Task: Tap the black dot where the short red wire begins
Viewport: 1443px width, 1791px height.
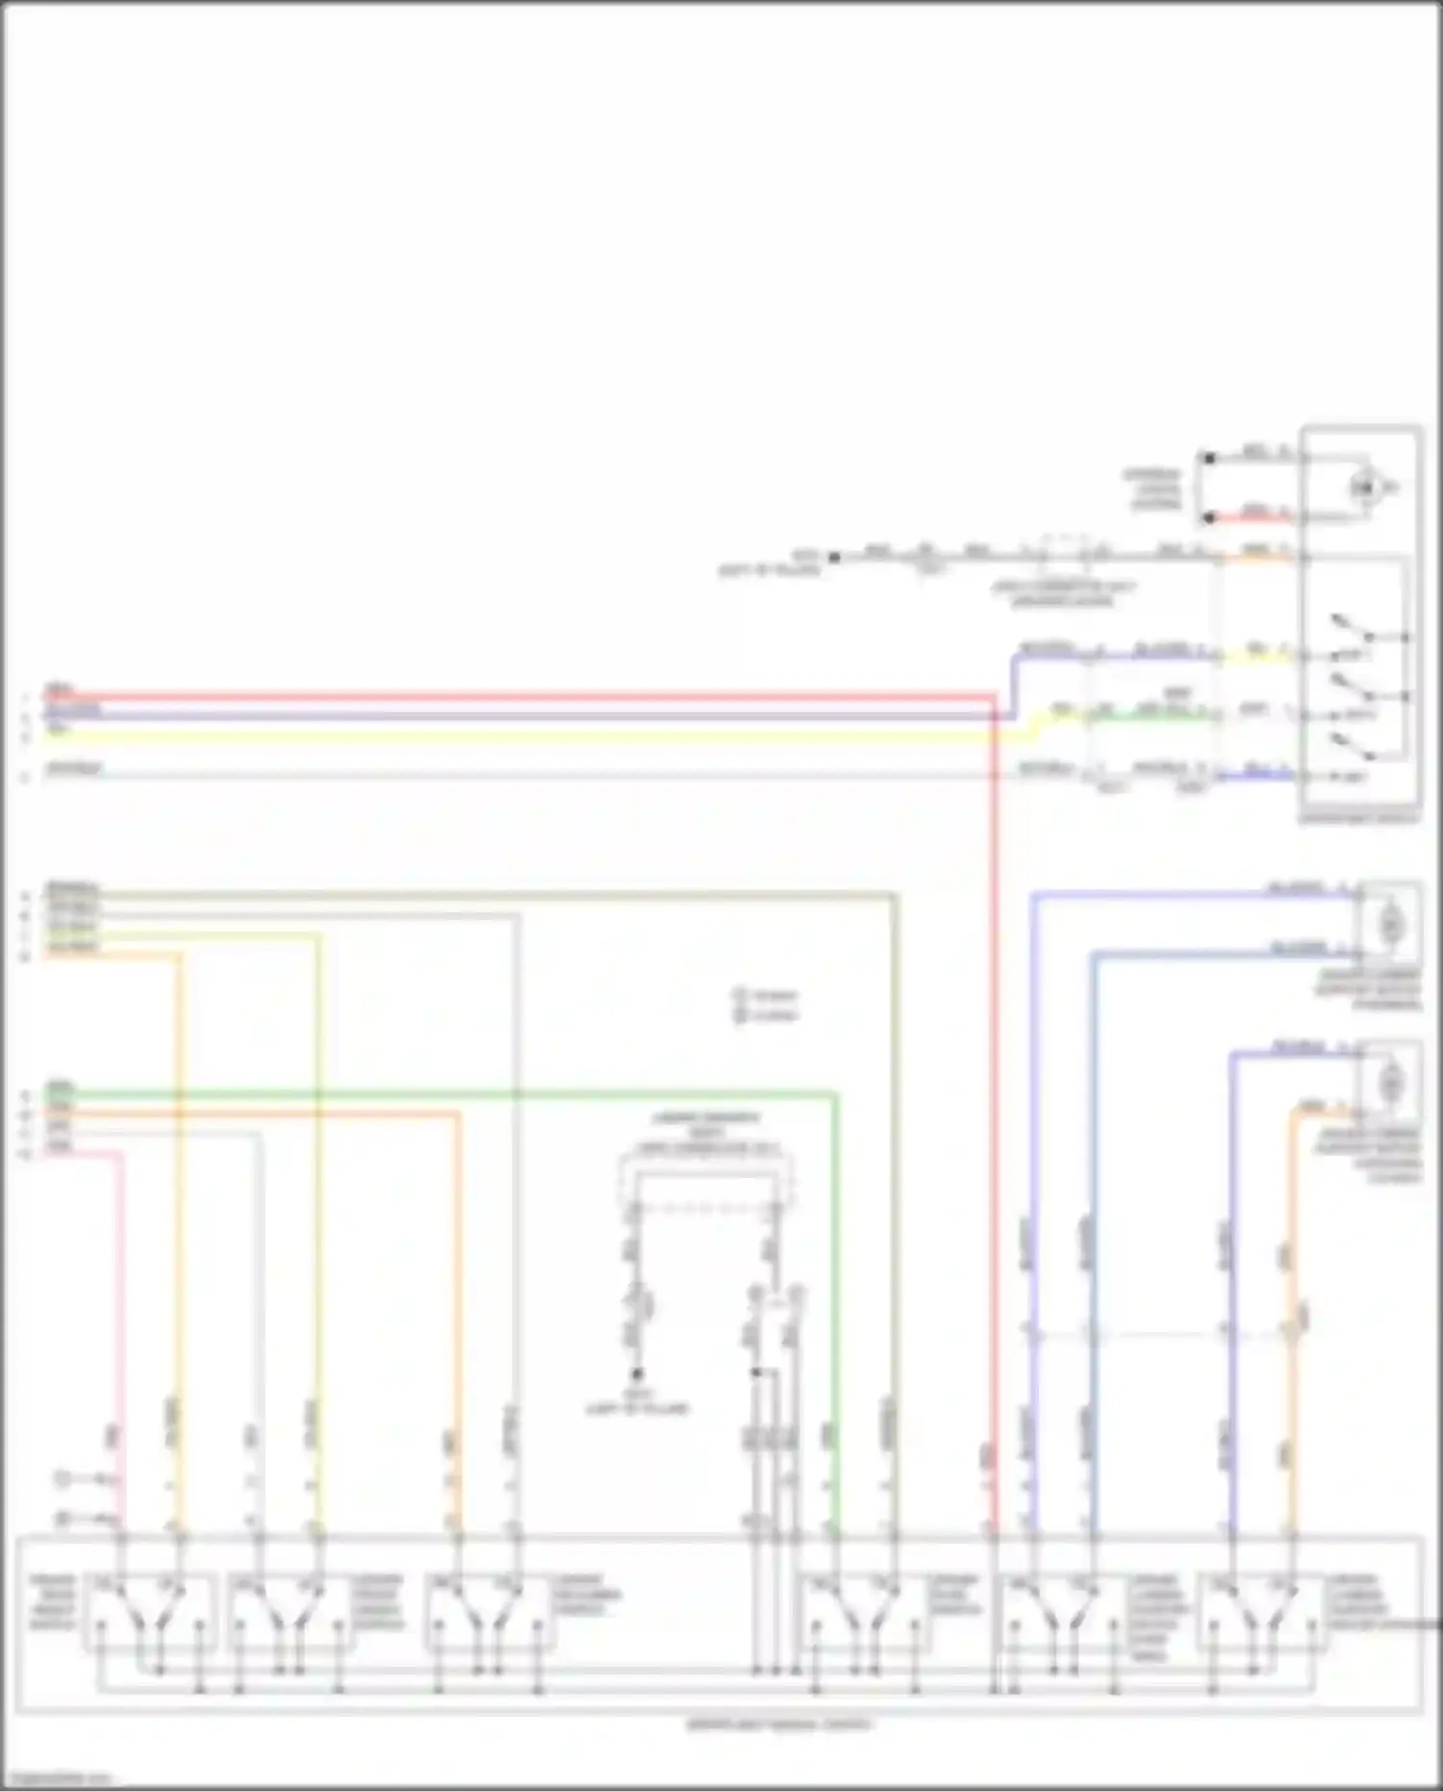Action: tap(1209, 519)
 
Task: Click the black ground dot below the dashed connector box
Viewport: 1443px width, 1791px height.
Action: tap(636, 1374)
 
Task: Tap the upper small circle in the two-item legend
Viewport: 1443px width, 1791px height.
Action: tap(740, 995)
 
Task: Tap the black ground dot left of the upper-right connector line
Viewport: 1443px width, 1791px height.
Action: tap(834, 557)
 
